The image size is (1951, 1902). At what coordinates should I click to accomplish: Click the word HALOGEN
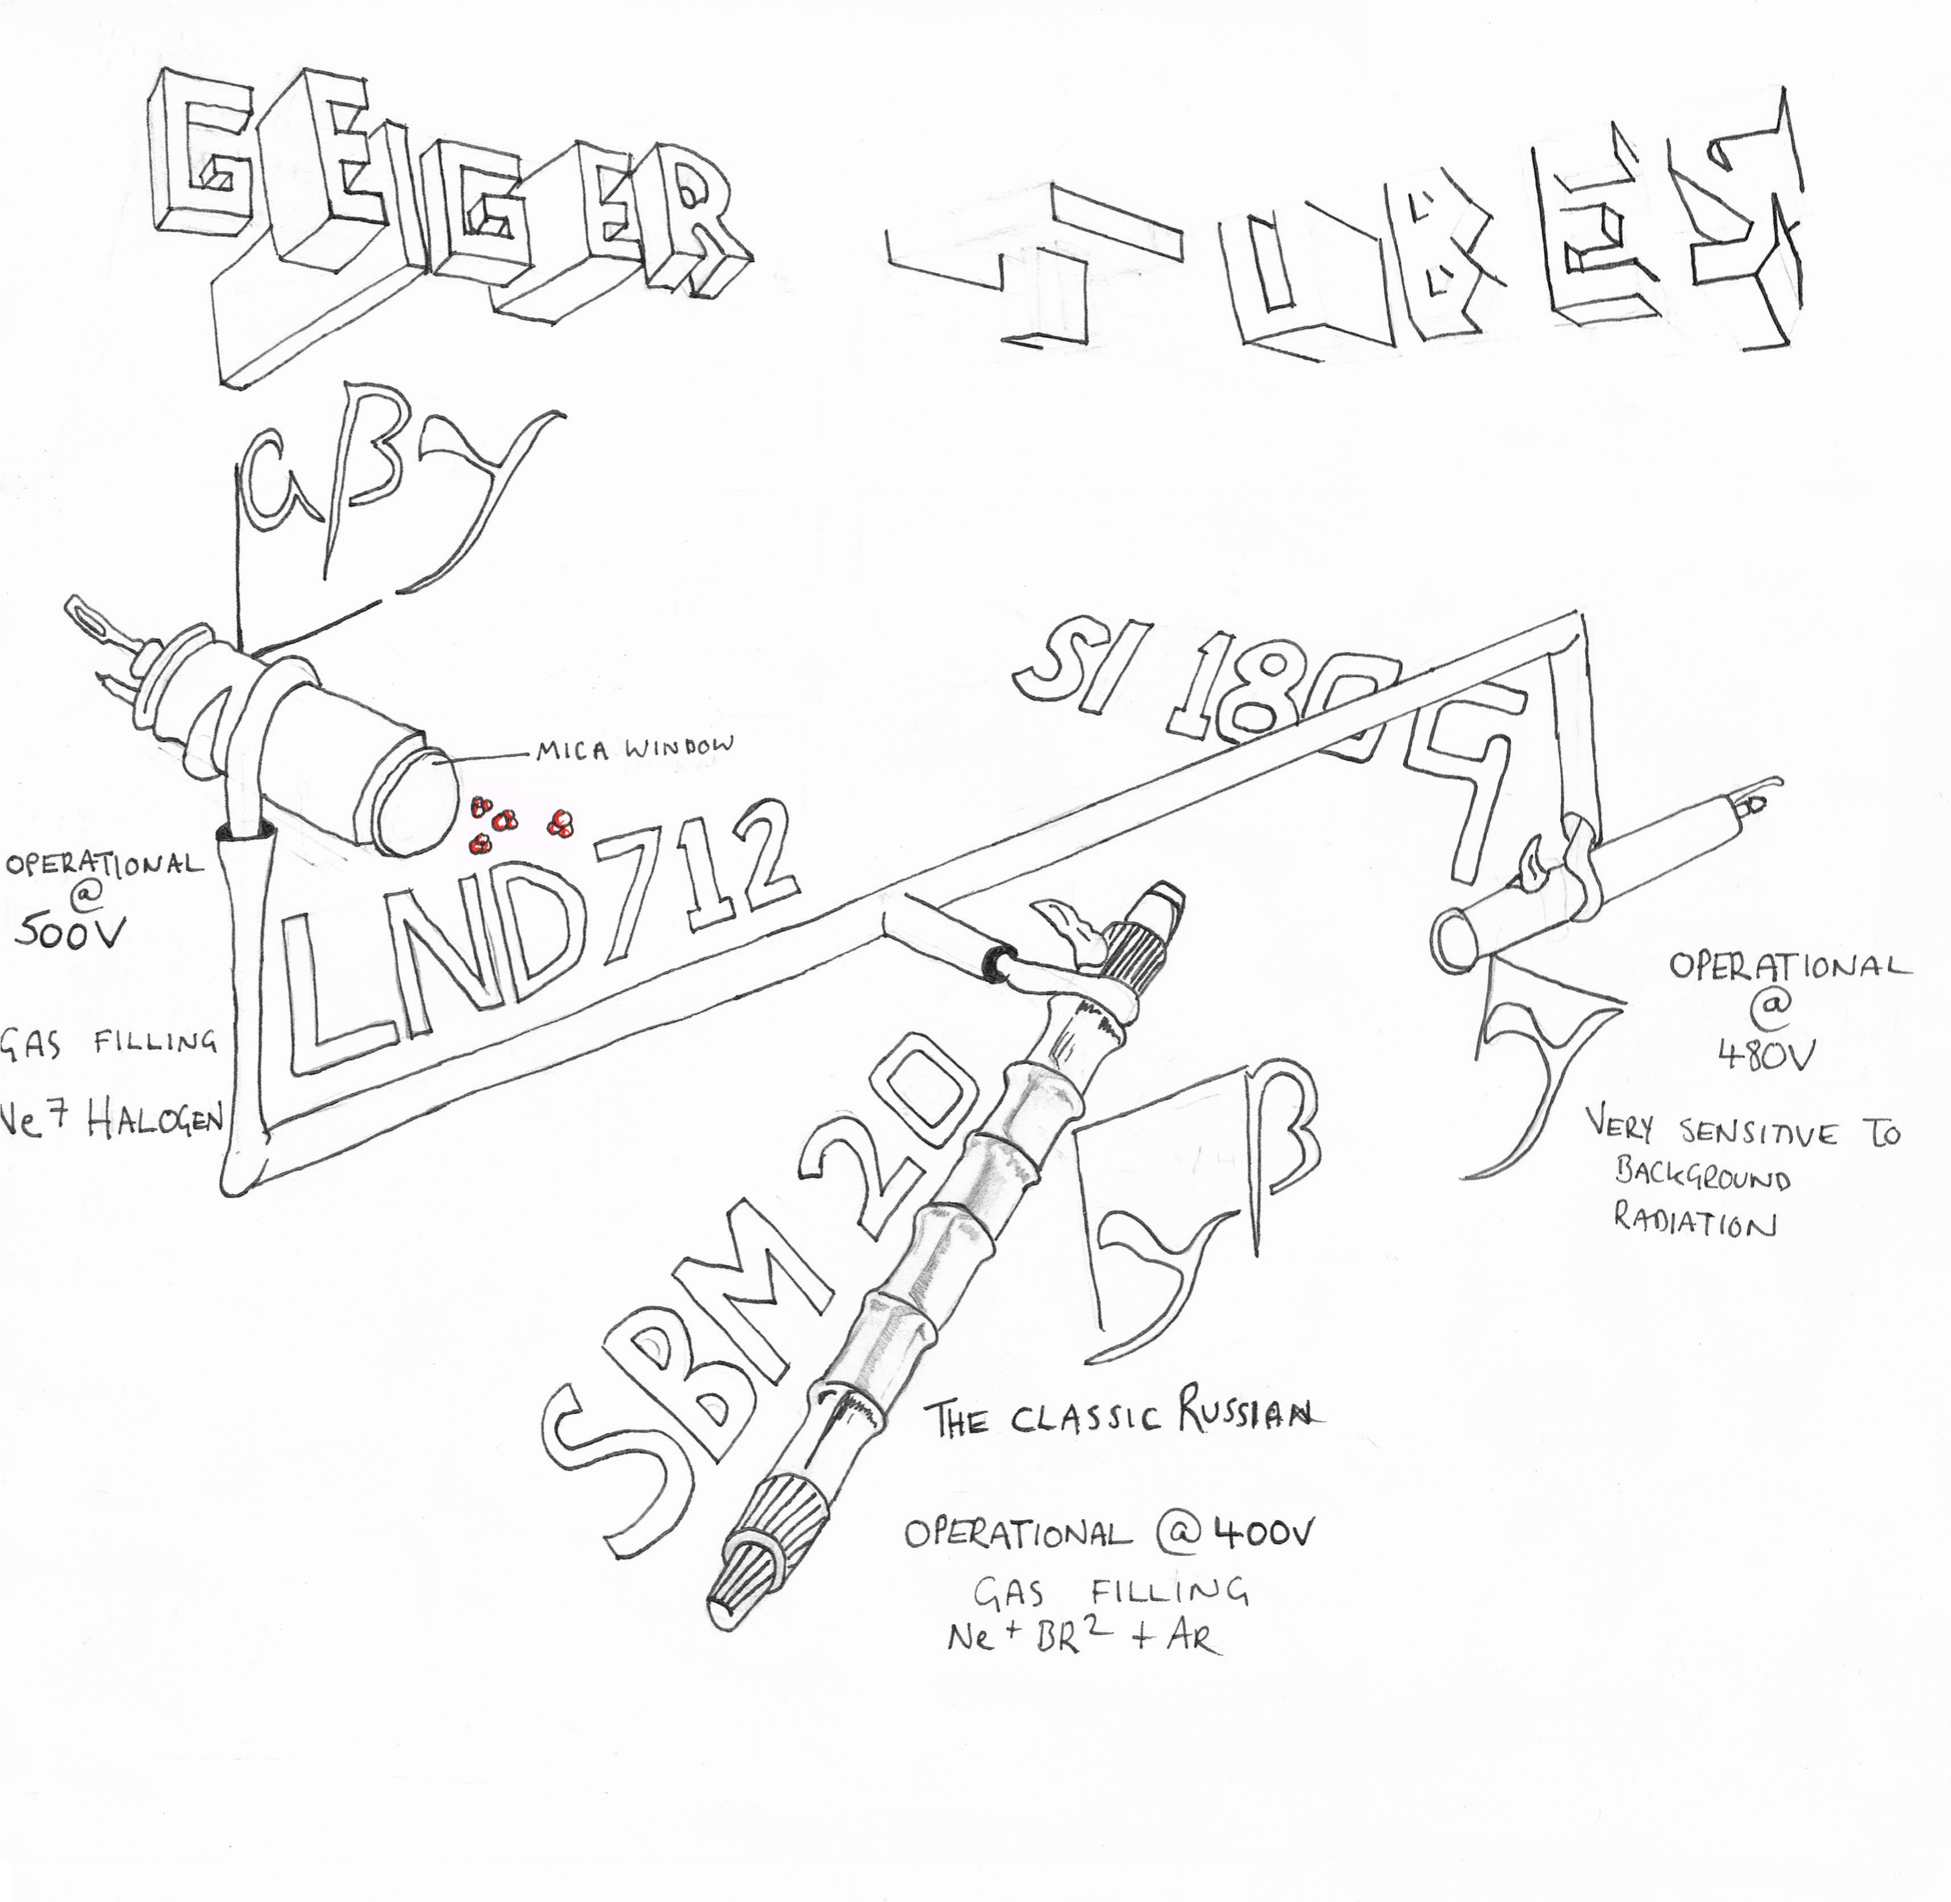155,1122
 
